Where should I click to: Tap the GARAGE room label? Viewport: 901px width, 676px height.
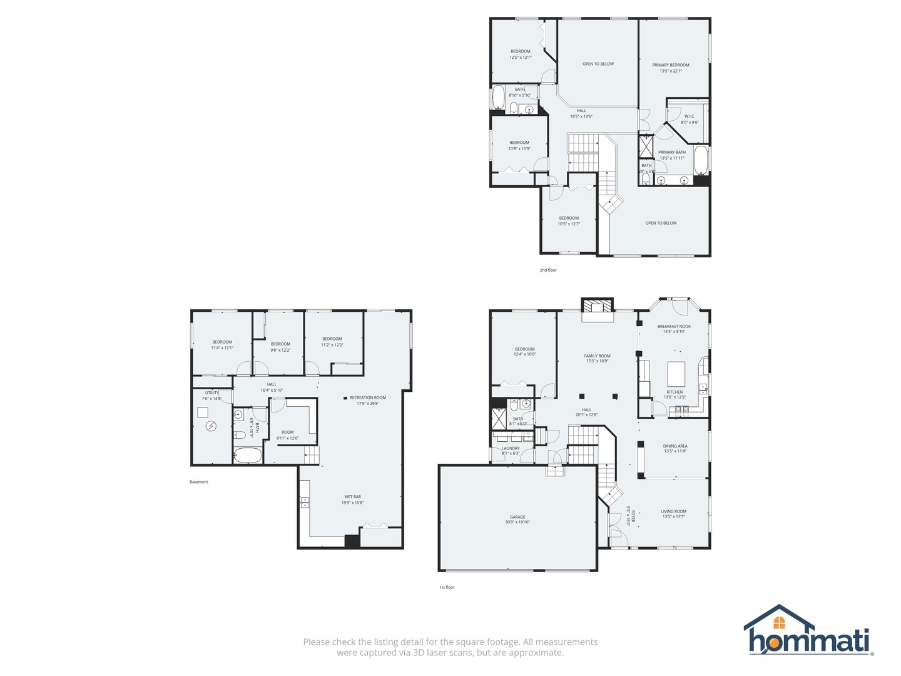coord(517,517)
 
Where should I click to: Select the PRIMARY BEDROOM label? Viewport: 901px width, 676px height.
coord(671,65)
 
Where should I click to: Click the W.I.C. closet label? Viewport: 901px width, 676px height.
coord(690,116)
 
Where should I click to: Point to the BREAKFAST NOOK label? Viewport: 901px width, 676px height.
coord(674,326)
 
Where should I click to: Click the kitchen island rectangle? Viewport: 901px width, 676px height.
coord(677,374)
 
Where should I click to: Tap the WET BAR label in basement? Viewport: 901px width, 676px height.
coord(352,497)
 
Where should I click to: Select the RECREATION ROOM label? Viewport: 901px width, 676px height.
coord(367,397)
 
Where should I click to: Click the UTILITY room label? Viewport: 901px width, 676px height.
coord(212,393)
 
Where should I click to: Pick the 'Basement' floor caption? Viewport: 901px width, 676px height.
coord(198,482)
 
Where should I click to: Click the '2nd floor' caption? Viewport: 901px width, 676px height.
coord(548,270)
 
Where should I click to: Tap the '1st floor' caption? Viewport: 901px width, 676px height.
coord(447,588)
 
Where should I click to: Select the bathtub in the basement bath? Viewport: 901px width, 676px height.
coord(248,455)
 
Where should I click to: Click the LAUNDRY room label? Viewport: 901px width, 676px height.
coord(511,448)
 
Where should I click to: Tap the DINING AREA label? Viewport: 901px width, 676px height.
coord(675,446)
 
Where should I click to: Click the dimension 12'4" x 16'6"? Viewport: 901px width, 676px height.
coord(524,354)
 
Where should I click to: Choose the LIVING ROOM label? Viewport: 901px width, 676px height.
coord(674,511)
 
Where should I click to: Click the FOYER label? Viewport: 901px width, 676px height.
coord(633,516)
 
